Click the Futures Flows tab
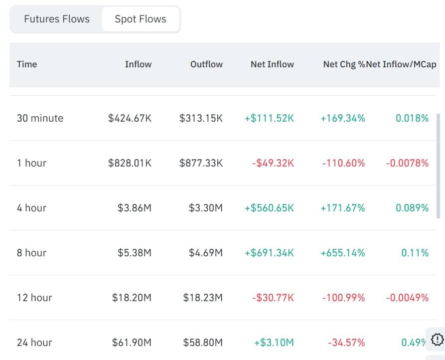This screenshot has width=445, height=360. pyautogui.click(x=57, y=19)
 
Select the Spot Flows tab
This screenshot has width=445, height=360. pyautogui.click(x=141, y=19)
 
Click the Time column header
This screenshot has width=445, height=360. pyautogui.click(x=27, y=64)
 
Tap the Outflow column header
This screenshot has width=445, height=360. pyautogui.click(x=206, y=64)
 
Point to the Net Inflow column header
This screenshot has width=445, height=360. pyautogui.click(x=272, y=64)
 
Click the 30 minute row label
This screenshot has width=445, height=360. pyautogui.click(x=40, y=118)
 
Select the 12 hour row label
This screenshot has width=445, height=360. pyautogui.click(x=34, y=298)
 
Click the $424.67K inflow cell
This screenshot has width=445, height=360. pyautogui.click(x=130, y=118)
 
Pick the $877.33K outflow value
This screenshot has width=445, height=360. pyautogui.click(x=201, y=163)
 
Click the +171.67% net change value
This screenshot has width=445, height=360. pyautogui.click(x=343, y=208)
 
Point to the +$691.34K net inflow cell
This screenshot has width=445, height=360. pyautogui.click(x=269, y=253)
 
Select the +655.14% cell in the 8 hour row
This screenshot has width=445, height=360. pyautogui.click(x=343, y=253)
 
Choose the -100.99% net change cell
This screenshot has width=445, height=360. pyautogui.click(x=343, y=298)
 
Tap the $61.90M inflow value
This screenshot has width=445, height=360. pyautogui.click(x=132, y=343)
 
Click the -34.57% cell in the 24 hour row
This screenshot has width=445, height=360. pyautogui.click(x=346, y=343)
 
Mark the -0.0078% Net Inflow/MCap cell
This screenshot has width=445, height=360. pyautogui.click(x=407, y=163)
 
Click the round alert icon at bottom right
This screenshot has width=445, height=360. pyautogui.click(x=437, y=340)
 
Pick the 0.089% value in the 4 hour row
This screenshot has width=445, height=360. pyautogui.click(x=412, y=208)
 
